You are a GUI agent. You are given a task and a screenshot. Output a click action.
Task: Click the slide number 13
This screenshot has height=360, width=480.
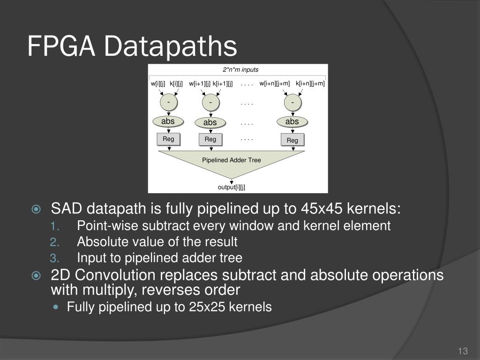click(x=463, y=352)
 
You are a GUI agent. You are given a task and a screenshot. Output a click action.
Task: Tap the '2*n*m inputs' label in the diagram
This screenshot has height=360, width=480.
click(x=240, y=70)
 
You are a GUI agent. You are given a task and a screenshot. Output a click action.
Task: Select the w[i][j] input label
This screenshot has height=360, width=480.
click(x=158, y=84)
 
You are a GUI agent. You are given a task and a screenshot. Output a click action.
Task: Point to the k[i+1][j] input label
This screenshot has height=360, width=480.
click(x=223, y=84)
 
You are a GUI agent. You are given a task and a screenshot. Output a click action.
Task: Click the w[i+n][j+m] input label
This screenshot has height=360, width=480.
click(x=275, y=84)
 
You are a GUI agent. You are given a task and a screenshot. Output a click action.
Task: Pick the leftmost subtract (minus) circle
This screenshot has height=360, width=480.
click(x=169, y=102)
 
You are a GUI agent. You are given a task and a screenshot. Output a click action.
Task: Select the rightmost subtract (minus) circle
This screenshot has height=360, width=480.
click(x=292, y=102)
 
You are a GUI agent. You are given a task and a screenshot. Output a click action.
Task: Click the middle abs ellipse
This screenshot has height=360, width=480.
click(x=210, y=123)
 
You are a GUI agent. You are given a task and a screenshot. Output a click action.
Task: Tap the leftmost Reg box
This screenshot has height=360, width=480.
click(x=168, y=139)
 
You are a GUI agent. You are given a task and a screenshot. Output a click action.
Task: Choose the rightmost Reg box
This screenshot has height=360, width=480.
click(x=292, y=140)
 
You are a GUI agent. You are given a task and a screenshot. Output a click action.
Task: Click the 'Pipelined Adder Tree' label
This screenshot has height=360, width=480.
click(x=232, y=160)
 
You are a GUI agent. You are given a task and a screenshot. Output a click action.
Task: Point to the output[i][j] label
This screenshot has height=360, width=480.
click(x=232, y=187)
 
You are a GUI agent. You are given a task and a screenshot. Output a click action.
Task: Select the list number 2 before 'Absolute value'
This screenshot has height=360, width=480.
click(x=53, y=242)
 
